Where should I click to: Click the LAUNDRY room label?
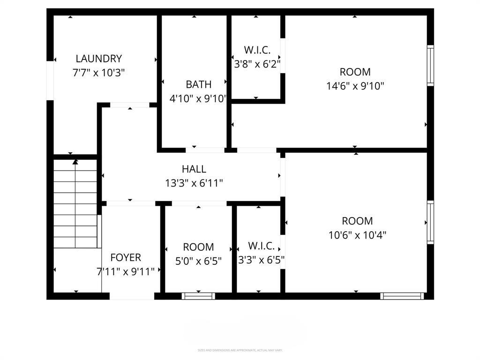coord(98,59)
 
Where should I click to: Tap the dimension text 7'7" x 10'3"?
coord(98,73)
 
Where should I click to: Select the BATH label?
coord(198,84)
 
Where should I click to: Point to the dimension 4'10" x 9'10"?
coord(198,98)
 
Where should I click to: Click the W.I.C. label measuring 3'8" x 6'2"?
coord(257,50)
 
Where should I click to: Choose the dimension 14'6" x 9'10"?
coord(355,86)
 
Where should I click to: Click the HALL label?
coord(194,169)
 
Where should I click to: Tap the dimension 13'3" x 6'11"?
coord(194,183)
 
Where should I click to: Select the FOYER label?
coord(125,257)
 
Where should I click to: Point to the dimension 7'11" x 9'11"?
coord(125,271)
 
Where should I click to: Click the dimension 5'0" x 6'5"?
coord(198,261)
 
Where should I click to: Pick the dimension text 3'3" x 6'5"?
coord(261,260)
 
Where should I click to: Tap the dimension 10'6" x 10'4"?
coord(357,235)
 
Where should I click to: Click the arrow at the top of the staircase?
coord(75,162)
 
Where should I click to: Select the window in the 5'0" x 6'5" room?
coord(198,296)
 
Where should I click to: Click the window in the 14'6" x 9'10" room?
coord(430,66)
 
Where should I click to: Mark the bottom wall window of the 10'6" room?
coord(402,296)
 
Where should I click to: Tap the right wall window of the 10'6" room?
coord(430,222)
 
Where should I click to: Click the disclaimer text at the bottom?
coord(240,350)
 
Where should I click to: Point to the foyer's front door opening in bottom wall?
coord(132,296)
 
